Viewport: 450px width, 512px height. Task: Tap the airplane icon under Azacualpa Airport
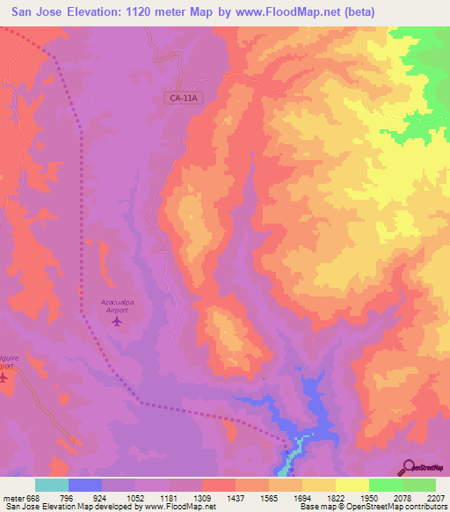coord(117,321)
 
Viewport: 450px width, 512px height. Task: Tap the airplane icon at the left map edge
coord(3,378)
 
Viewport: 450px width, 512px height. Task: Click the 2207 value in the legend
coord(436,497)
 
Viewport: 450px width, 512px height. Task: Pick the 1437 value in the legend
coord(235,497)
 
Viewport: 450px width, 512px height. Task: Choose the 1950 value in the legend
coord(369,497)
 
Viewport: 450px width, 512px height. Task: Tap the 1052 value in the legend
coord(134,497)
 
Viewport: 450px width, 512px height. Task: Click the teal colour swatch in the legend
coord(52,485)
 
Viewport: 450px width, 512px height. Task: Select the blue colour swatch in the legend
coord(85,485)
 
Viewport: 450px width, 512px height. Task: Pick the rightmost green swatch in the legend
coord(419,485)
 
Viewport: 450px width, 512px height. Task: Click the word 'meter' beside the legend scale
coord(11,497)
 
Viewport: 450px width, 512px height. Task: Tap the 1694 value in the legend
coord(301,497)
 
